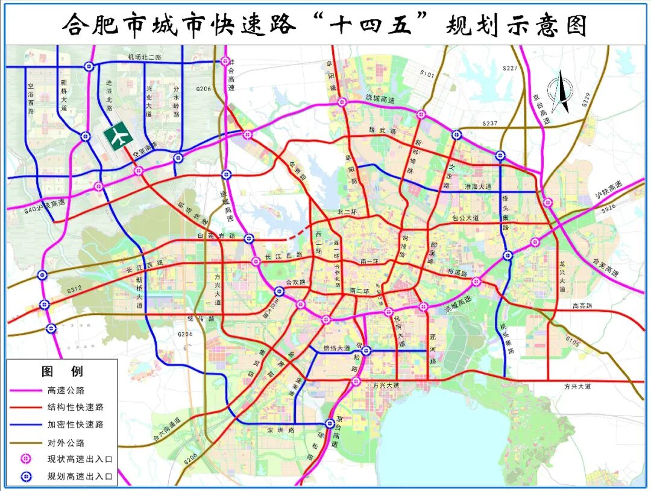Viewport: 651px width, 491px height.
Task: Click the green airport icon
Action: tap(118, 136)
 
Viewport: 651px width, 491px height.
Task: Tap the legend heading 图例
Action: tap(62, 371)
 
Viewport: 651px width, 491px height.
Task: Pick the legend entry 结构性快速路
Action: tap(75, 407)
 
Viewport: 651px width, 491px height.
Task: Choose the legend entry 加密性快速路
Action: tap(75, 424)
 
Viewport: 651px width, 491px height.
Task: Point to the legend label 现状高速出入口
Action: tap(80, 459)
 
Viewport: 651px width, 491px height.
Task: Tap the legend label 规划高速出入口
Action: tap(80, 477)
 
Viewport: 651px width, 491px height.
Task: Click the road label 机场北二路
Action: tap(145, 57)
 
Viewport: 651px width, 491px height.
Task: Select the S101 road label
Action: tap(427, 74)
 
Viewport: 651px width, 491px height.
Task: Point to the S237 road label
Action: tap(489, 123)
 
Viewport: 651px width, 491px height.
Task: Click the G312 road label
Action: tap(74, 290)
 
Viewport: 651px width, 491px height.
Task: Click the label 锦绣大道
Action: tap(336, 348)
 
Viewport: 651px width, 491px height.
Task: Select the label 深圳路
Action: tap(281, 430)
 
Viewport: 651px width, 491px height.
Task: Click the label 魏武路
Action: tap(384, 130)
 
